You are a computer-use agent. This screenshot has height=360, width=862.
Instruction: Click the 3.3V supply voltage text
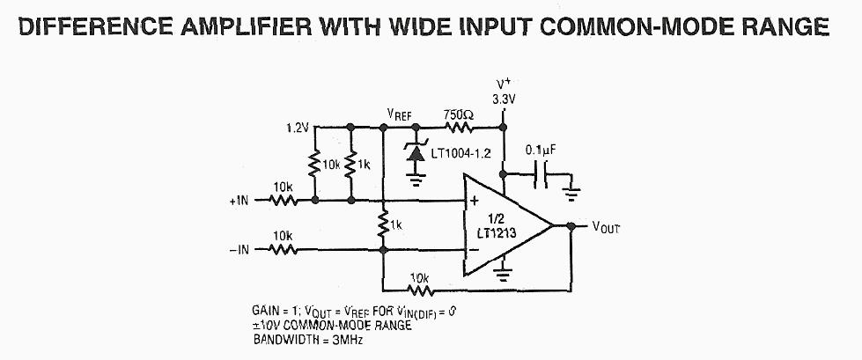click(x=503, y=100)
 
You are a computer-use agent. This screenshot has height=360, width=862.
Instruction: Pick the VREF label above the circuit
click(x=400, y=115)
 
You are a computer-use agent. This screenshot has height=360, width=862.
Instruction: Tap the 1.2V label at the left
click(x=298, y=128)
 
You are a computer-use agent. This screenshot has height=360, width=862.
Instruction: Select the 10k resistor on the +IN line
click(x=284, y=200)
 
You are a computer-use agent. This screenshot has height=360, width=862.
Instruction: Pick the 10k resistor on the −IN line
click(x=284, y=249)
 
